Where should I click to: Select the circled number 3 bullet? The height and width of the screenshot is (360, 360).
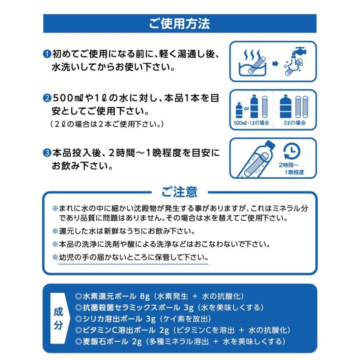[46, 153]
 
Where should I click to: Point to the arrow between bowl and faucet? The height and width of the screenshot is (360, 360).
[275, 64]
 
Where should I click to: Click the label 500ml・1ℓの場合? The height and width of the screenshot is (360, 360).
[251, 123]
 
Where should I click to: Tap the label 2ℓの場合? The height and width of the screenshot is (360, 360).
[295, 123]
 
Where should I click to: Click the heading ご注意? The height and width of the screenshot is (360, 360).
[180, 192]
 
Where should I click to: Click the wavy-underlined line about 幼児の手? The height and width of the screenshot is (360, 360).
[130, 256]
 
